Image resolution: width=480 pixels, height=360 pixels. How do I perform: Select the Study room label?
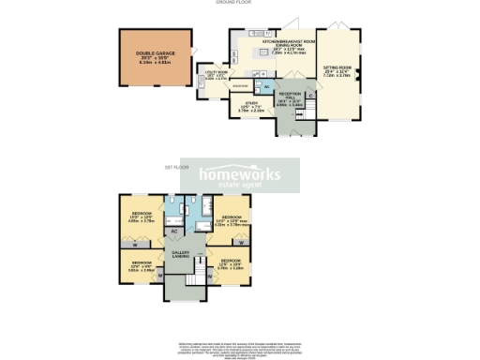click(251, 106)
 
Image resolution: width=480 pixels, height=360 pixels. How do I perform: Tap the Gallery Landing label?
click(180, 255)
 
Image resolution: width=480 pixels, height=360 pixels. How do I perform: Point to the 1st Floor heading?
click(176, 167)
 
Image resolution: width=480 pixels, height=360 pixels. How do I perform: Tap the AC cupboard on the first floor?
click(174, 230)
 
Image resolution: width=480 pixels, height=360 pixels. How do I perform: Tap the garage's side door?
click(191, 52)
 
